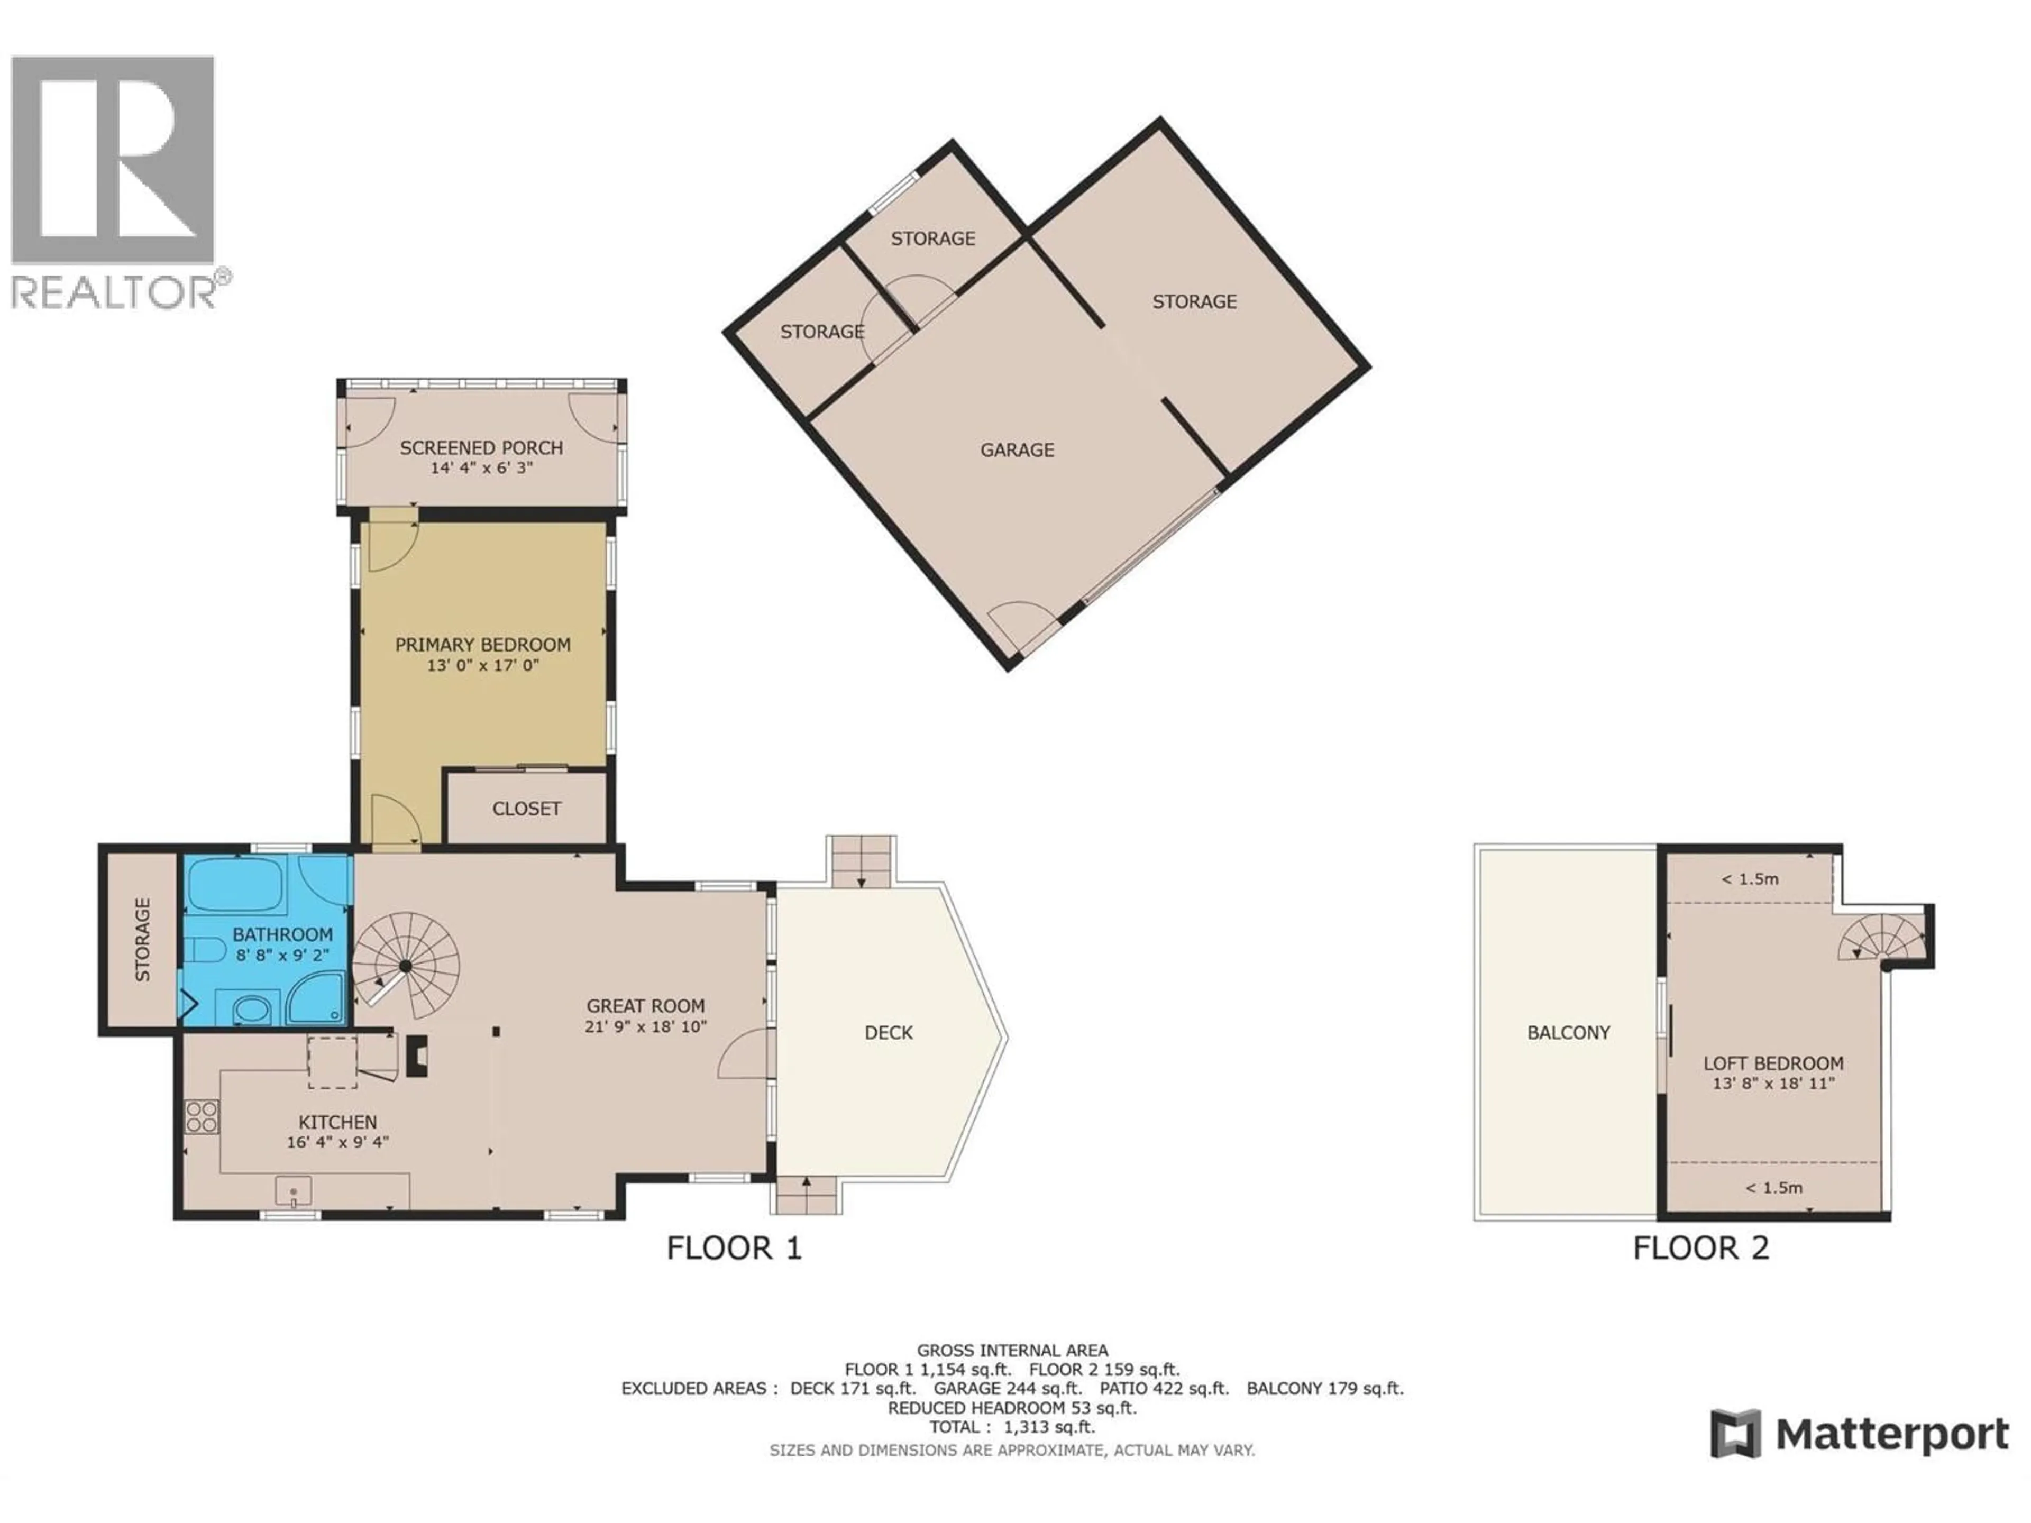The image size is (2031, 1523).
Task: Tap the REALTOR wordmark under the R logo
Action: point(114,292)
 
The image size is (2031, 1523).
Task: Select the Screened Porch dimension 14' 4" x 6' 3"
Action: point(481,468)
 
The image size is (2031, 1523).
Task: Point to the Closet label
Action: point(526,809)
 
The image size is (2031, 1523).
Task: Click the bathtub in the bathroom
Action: point(234,884)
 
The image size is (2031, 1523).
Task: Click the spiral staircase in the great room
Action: point(407,965)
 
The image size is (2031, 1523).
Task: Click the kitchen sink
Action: point(293,1191)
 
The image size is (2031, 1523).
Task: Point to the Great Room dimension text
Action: point(645,1026)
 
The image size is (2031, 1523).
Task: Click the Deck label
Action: point(888,1033)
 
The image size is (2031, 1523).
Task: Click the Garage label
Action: point(1017,450)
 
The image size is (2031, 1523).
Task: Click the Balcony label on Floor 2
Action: point(1568,1033)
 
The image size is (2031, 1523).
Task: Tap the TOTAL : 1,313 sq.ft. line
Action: point(1012,1427)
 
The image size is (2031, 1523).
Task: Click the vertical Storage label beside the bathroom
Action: point(142,940)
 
